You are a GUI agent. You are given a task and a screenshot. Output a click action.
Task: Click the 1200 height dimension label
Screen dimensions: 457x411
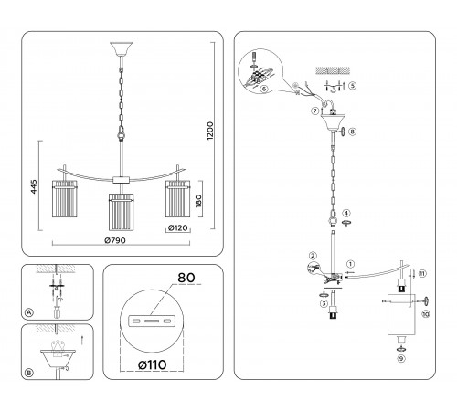click(210, 131)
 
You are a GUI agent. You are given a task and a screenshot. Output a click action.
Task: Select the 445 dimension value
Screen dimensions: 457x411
click(34, 186)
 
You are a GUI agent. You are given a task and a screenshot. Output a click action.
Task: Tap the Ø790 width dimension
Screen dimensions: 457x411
click(115, 240)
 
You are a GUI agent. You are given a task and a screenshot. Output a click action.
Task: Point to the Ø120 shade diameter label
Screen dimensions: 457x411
click(178, 227)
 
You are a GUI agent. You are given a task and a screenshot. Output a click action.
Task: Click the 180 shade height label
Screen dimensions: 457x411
click(198, 201)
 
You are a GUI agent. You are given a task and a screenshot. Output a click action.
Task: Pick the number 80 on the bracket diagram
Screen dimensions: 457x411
click(186, 278)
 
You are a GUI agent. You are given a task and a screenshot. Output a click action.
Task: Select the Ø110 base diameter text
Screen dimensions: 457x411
click(152, 364)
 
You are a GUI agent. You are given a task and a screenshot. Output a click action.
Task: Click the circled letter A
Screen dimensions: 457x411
click(28, 312)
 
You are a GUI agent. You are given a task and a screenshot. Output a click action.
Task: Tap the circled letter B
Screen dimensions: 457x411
click(28, 373)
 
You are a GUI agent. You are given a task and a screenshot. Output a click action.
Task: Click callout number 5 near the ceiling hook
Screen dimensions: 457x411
click(352, 86)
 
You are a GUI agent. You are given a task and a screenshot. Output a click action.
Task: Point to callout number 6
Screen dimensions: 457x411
click(264, 89)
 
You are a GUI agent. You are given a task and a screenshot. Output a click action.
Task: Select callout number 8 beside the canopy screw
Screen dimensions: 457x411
click(352, 132)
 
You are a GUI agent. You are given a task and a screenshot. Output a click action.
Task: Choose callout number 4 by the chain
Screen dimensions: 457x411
click(346, 213)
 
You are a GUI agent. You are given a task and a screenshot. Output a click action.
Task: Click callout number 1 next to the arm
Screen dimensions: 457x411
click(351, 264)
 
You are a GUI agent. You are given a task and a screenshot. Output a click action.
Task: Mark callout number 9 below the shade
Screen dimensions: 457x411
click(401, 359)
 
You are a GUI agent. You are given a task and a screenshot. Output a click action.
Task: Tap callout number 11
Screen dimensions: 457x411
click(422, 273)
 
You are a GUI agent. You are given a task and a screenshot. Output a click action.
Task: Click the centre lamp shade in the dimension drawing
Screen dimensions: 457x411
click(122, 212)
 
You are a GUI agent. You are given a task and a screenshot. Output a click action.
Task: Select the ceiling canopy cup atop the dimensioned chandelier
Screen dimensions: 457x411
click(122, 49)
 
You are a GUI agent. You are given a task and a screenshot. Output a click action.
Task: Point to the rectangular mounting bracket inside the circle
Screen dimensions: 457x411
click(152, 321)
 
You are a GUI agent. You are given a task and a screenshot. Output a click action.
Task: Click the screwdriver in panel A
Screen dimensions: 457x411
click(57, 311)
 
